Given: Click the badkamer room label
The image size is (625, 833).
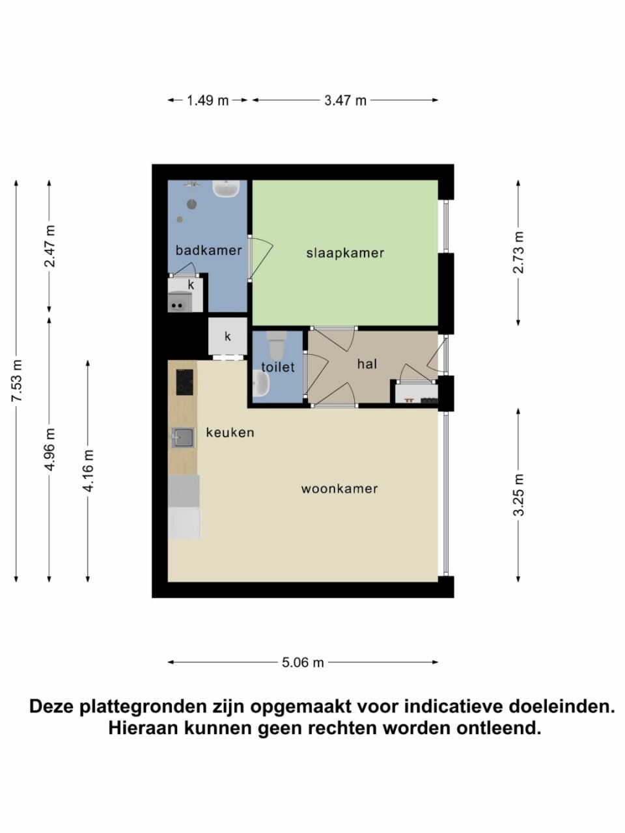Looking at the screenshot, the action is point(208,251).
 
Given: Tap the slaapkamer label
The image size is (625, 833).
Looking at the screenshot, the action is point(345,253).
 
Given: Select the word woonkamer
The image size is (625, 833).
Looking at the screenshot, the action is point(339,489).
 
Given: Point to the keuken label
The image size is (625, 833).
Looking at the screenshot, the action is point(230,432).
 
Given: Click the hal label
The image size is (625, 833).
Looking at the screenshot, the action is point(367,364).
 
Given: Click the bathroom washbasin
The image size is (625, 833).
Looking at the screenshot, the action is point(226,189).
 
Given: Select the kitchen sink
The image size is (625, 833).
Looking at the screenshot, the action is point(184,438).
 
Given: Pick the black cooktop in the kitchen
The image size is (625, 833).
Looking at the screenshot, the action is point(184,382).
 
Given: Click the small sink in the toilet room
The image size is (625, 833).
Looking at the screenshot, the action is point(261,383).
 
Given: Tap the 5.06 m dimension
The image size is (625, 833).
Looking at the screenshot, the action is point(303,662).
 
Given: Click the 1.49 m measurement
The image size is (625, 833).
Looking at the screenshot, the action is point(208,101).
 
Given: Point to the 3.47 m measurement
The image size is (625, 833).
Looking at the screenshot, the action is point(345,101).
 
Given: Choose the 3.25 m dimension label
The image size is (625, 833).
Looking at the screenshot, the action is point(518,495).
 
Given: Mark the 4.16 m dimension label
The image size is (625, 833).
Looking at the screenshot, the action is point(88,471).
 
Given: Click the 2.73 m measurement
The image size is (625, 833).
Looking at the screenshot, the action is point(518,253).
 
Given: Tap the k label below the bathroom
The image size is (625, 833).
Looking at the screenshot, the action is point(228,336).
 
